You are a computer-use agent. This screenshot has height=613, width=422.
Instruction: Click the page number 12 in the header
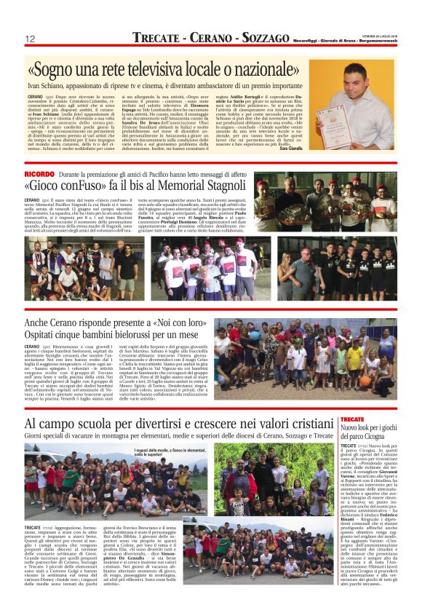point(30,39)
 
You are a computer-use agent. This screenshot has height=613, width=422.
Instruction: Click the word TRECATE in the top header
point(157,38)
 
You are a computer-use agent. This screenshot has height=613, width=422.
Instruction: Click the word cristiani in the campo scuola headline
point(303,424)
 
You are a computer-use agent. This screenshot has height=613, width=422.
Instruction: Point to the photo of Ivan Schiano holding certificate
point(352,95)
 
